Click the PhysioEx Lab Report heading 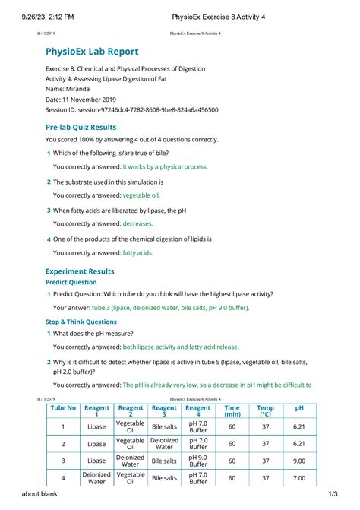(x=92, y=52)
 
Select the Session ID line (x=132, y=110)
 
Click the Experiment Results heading (x=80, y=271)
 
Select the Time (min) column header (x=232, y=411)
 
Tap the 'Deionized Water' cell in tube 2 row (x=164, y=443)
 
